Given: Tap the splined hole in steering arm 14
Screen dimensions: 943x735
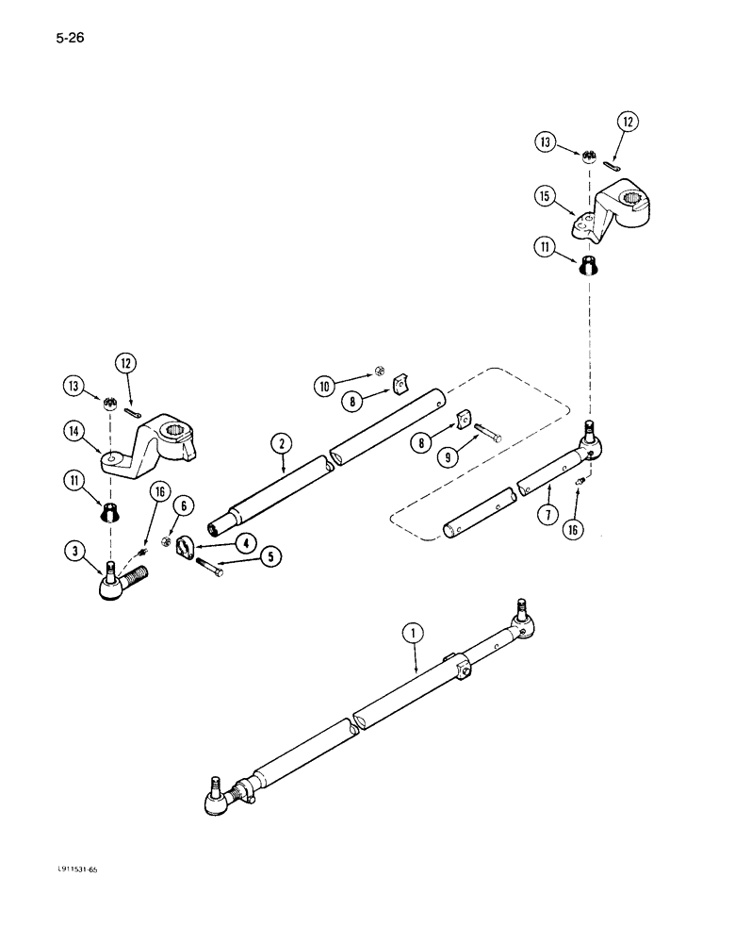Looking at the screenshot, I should pos(176,435).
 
